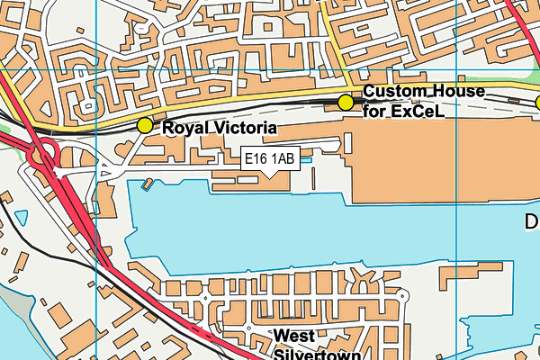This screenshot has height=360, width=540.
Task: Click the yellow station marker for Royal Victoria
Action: [144, 126]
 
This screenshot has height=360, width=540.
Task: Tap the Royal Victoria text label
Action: [220, 129]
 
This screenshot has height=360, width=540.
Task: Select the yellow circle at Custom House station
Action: [345, 103]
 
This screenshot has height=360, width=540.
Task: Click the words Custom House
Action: [424, 92]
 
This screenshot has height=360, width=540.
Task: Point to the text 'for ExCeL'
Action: [405, 112]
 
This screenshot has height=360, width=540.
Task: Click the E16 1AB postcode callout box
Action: [270, 158]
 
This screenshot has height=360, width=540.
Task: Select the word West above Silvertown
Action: [295, 336]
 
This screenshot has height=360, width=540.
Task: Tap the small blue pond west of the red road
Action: [21, 218]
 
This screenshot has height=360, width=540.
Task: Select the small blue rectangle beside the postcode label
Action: [305, 160]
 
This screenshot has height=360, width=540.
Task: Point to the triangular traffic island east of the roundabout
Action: [105, 169]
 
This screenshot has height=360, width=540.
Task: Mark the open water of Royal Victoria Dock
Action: [297, 225]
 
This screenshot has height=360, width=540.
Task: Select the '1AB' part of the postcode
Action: [283, 158]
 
